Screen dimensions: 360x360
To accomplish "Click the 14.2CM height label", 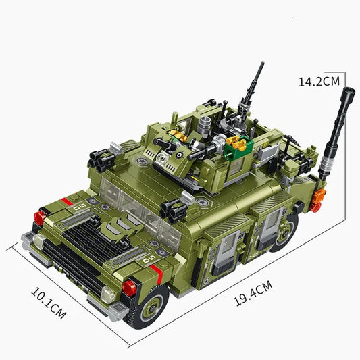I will pos(319,81).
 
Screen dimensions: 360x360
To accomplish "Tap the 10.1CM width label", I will pos(48,303).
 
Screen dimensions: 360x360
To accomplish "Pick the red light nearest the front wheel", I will pos(129,288).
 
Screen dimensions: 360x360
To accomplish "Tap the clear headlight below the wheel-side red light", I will pos(108,294).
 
